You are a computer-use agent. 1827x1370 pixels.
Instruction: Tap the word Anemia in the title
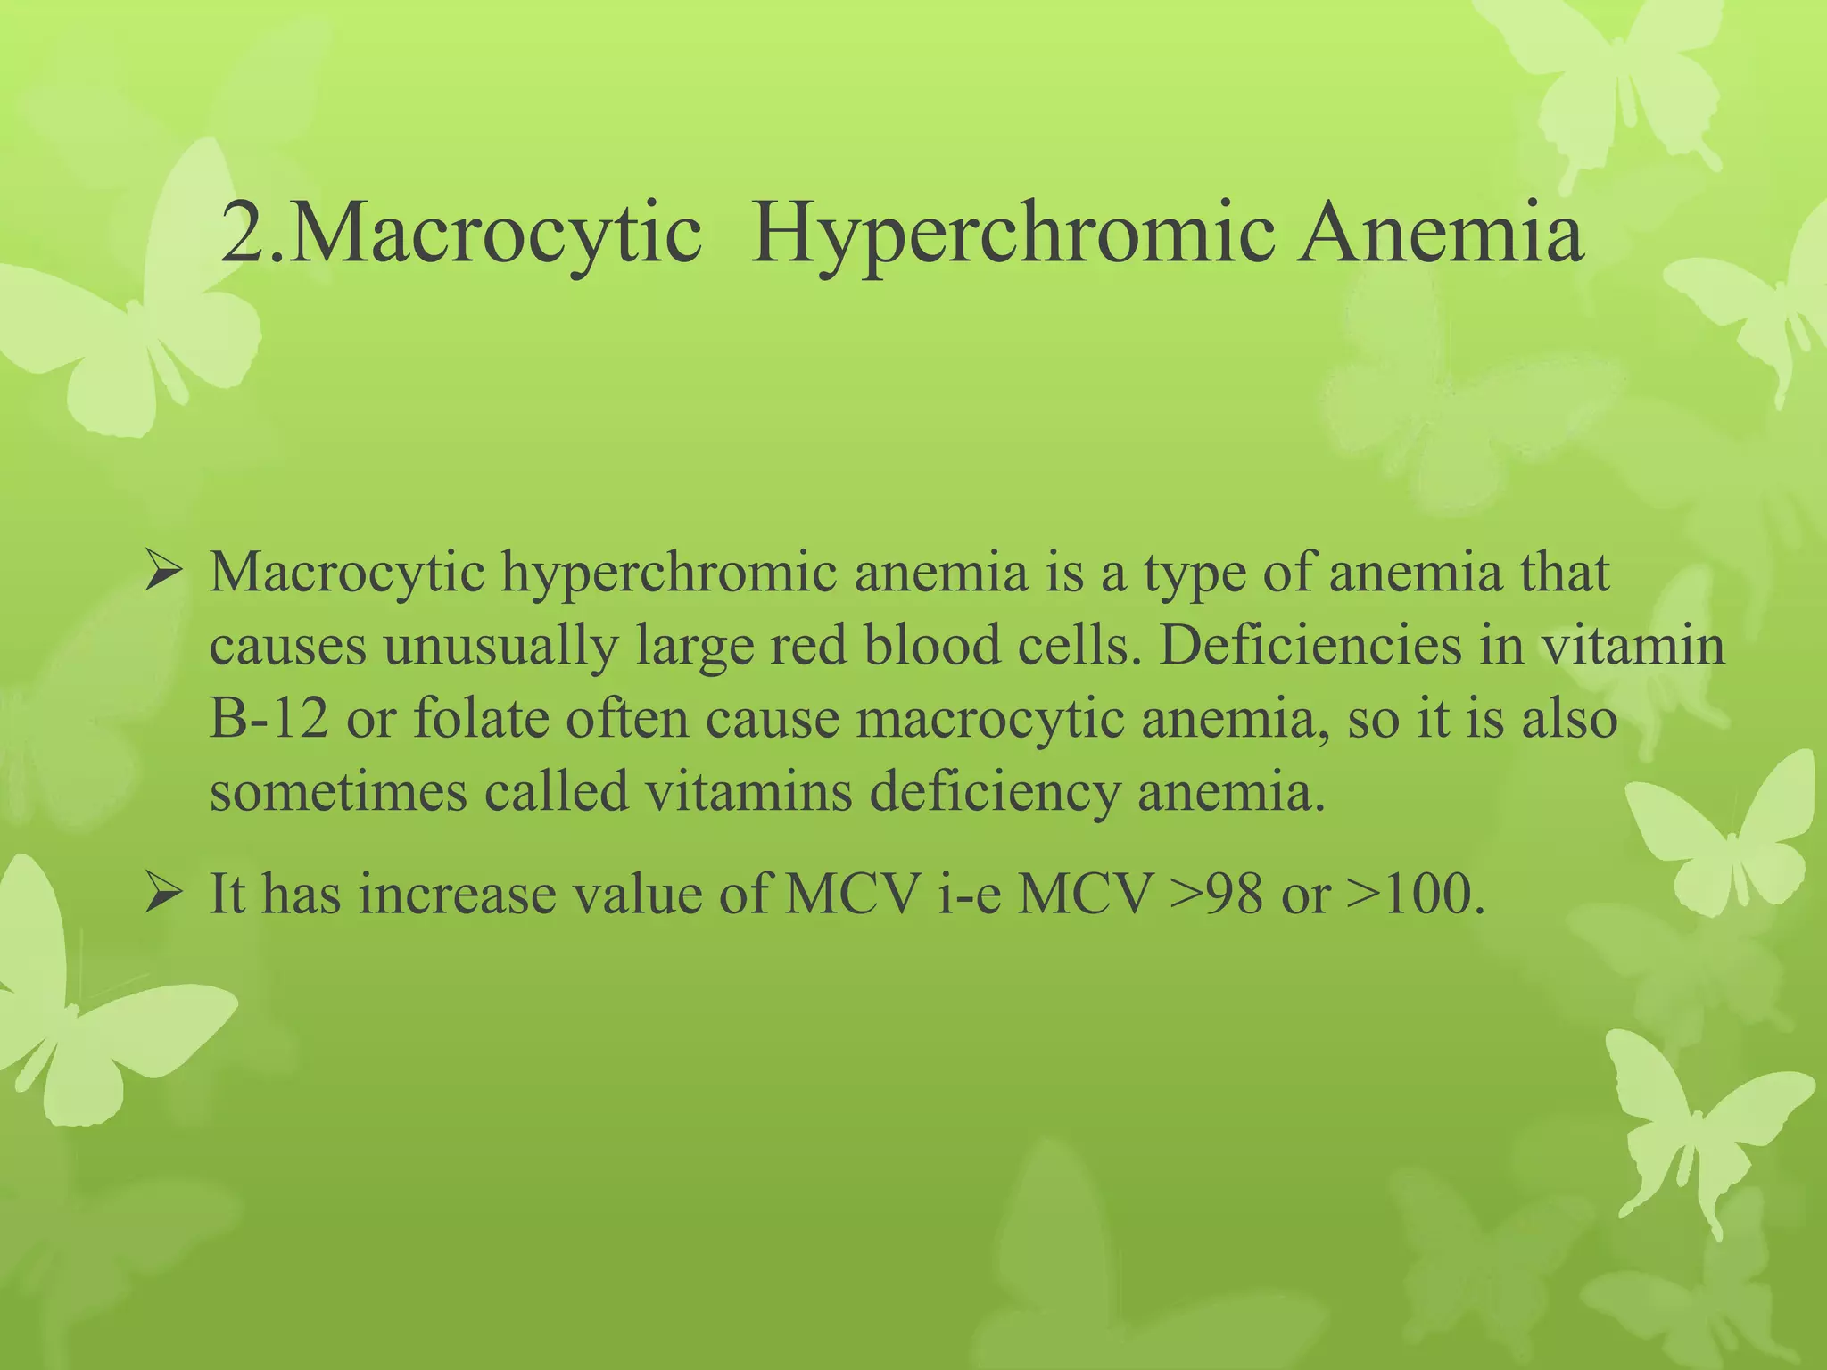tap(1440, 234)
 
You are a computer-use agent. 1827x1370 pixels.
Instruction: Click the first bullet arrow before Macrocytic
tap(163, 574)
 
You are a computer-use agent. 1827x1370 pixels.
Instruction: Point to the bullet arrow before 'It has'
tap(163, 894)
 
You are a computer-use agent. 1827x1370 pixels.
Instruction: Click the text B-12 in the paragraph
tap(268, 719)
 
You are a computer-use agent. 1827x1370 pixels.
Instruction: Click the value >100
tap(1414, 894)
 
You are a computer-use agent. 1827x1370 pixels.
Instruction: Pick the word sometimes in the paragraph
tap(338, 791)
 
